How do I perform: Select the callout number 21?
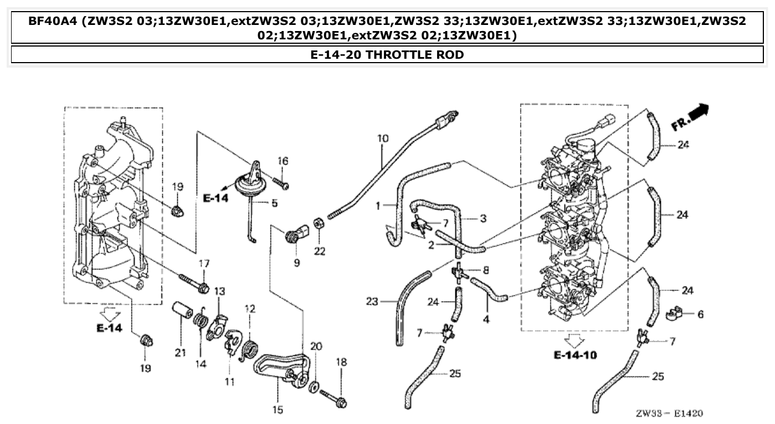click(x=181, y=353)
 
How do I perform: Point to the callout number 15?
click(x=278, y=410)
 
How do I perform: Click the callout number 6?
click(x=700, y=314)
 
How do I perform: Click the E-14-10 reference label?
click(x=576, y=355)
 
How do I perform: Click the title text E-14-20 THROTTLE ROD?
click(x=387, y=54)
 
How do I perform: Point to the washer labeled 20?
click(x=314, y=386)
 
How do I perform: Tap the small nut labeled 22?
click(x=319, y=223)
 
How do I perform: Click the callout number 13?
click(x=220, y=291)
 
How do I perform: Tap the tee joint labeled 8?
click(x=459, y=272)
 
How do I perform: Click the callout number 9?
click(x=297, y=263)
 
